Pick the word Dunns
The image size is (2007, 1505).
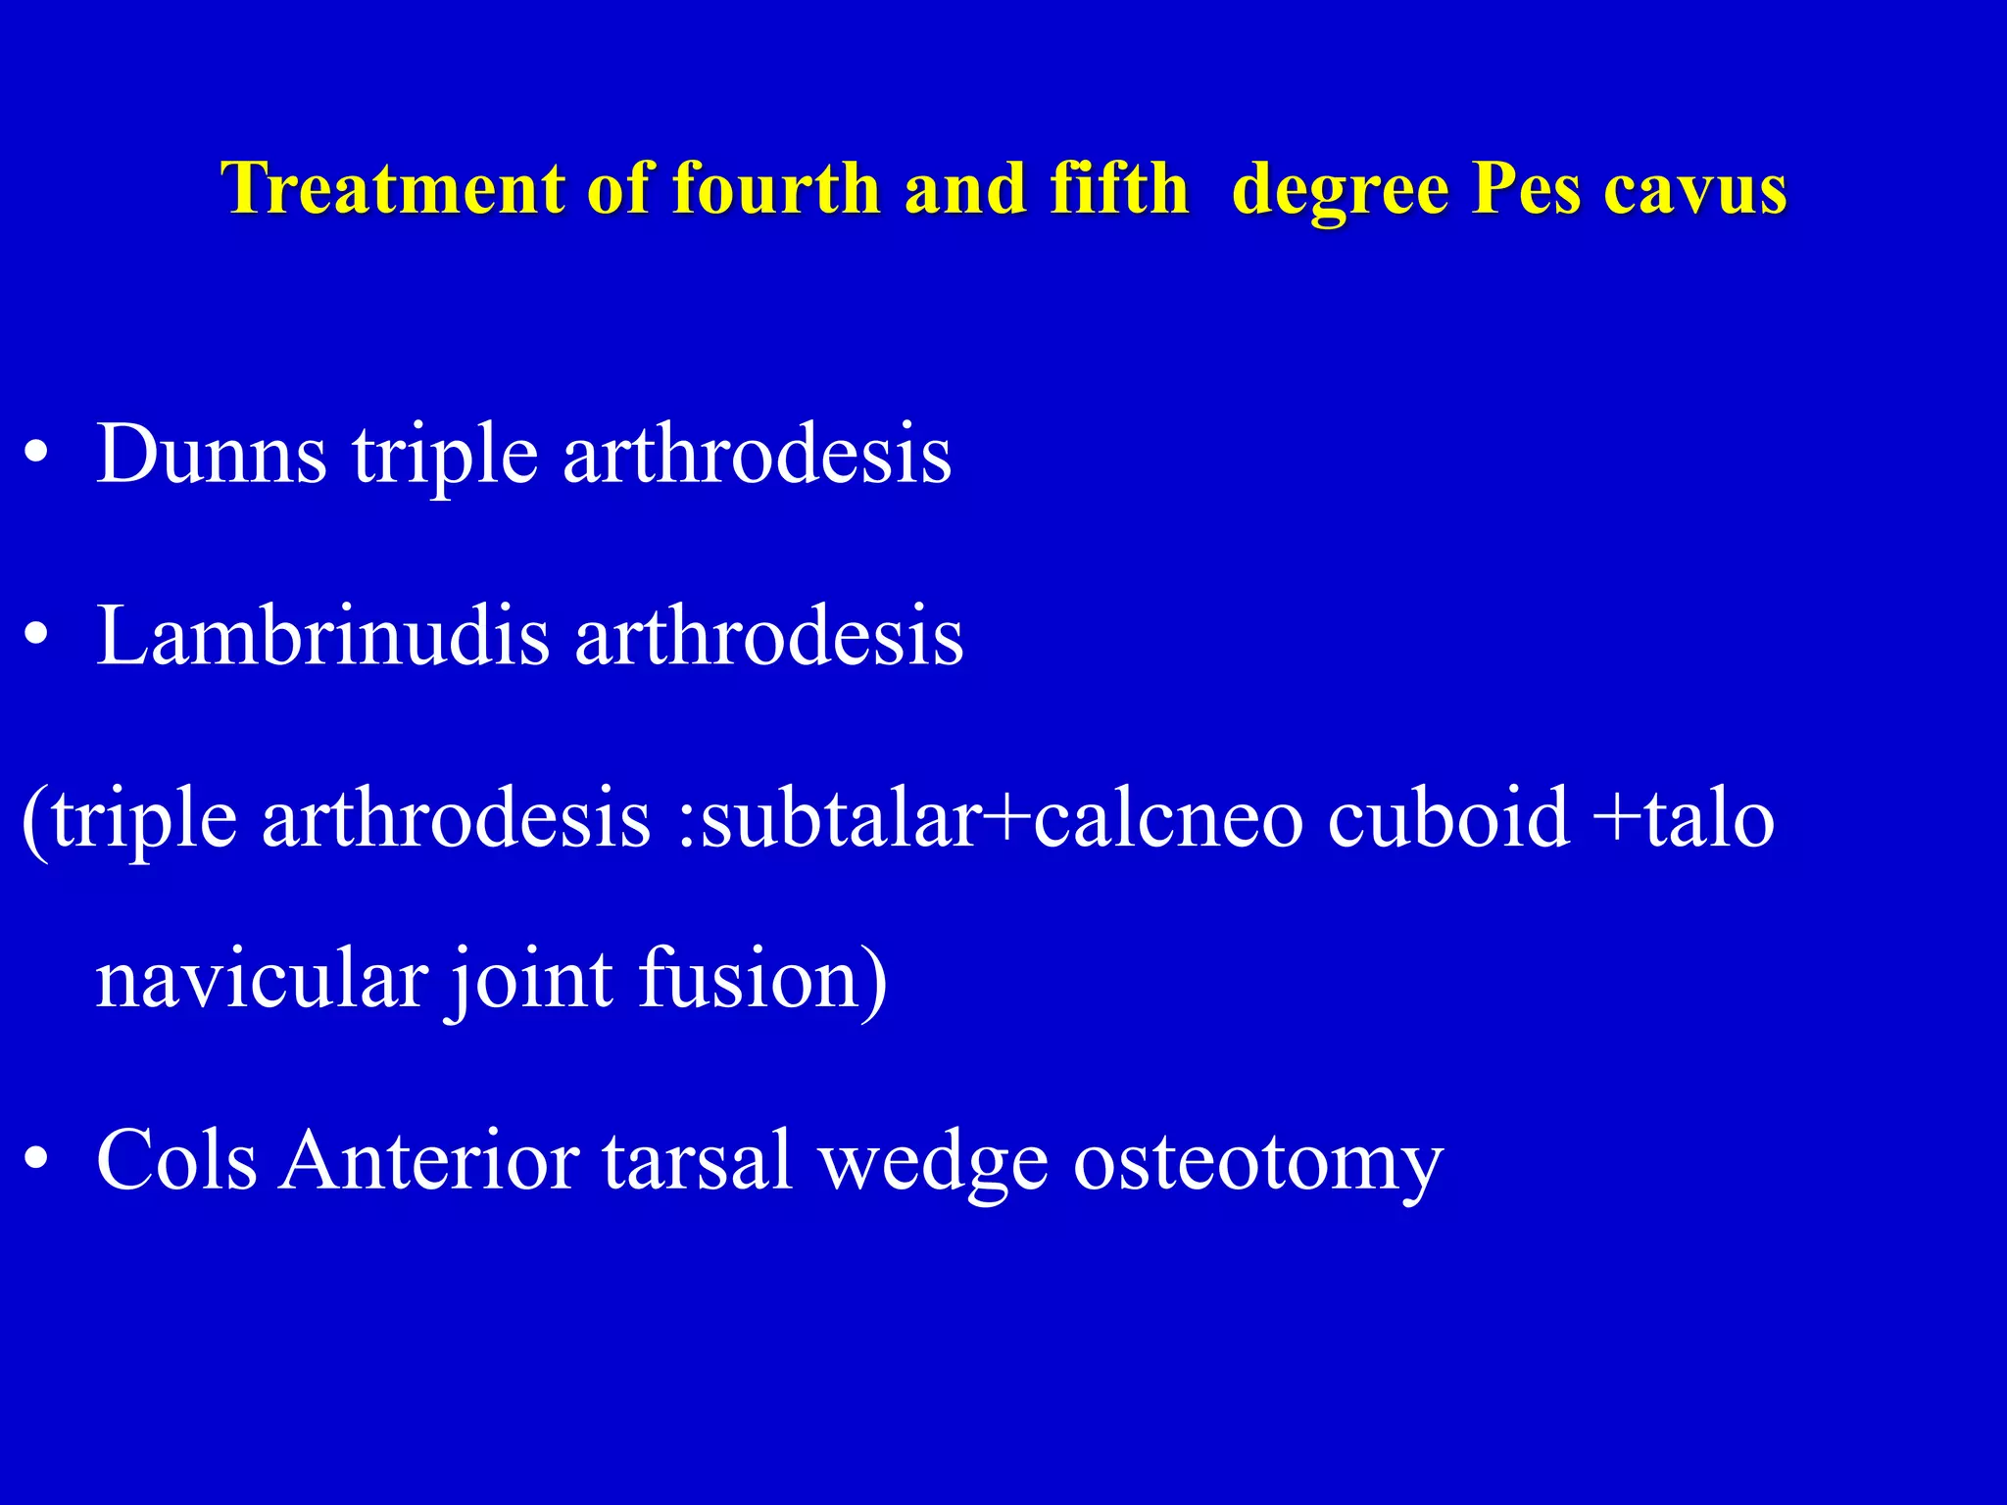(x=212, y=454)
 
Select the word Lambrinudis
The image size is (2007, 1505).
(x=323, y=636)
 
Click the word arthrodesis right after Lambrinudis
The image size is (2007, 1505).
(x=769, y=636)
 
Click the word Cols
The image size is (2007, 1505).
(x=176, y=1160)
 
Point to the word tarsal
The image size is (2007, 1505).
(x=697, y=1160)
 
